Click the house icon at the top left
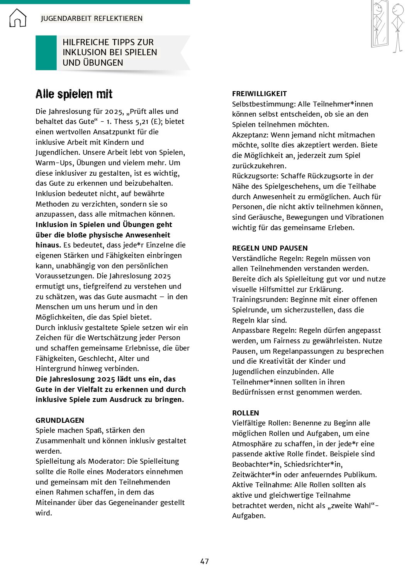pyautogui.click(x=18, y=18)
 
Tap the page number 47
pyautogui.click(x=204, y=561)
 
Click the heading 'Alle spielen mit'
pyautogui.click(x=74, y=94)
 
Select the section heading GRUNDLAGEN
pyautogui.click(x=60, y=420)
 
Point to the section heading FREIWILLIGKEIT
pyautogui.click(x=260, y=93)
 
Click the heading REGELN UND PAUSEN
pyautogui.click(x=270, y=248)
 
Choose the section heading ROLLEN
pyautogui.click(x=246, y=413)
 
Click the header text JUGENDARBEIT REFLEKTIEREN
pyautogui.click(x=92, y=18)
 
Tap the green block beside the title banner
pyautogui.click(x=46, y=53)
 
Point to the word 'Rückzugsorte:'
pyautogui.click(x=255, y=176)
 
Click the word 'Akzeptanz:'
pyautogui.click(x=250, y=135)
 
